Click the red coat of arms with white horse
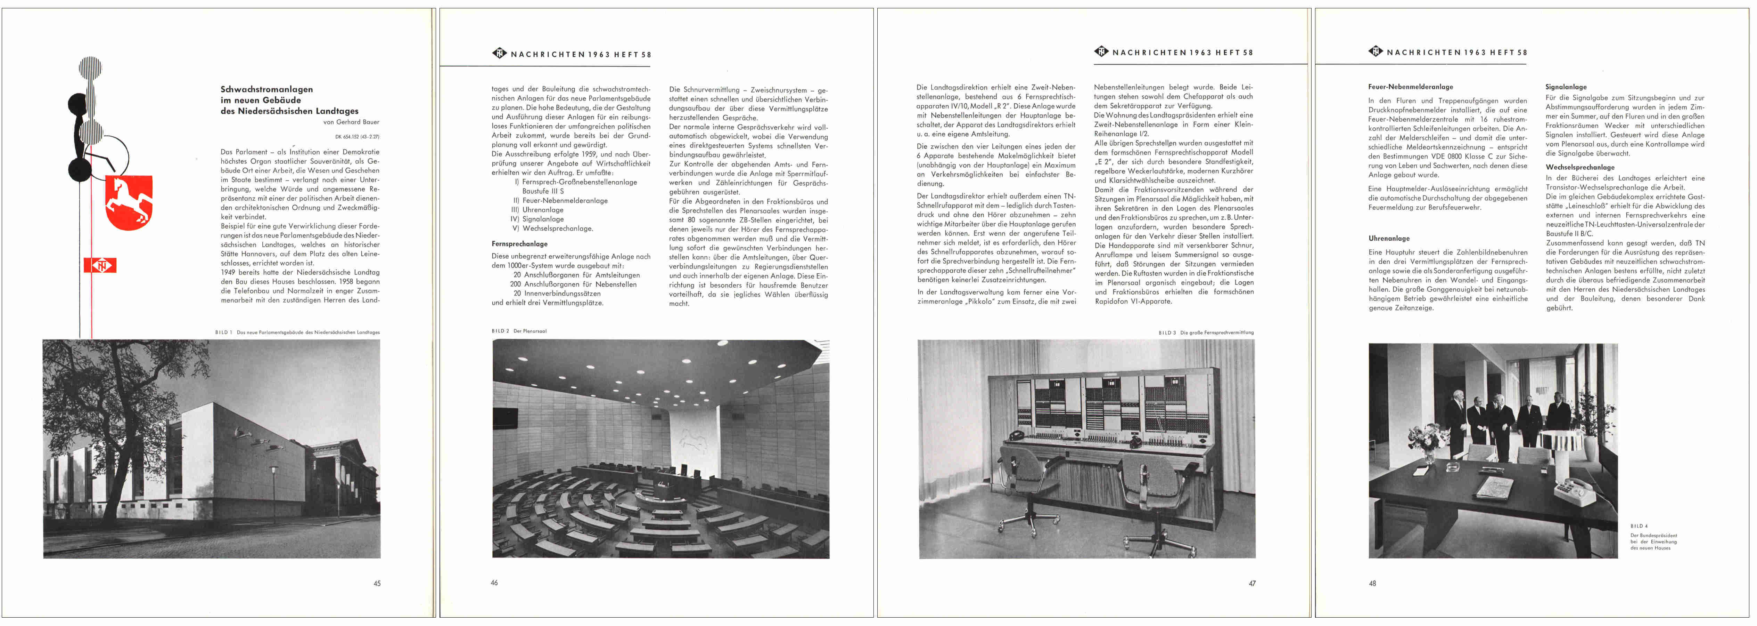tap(129, 202)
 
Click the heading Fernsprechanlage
tap(519, 244)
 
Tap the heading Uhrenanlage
tap(1389, 238)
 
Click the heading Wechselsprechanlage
tap(1580, 167)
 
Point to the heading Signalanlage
tap(1565, 87)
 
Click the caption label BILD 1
tap(223, 332)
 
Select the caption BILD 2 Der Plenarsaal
tap(519, 331)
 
